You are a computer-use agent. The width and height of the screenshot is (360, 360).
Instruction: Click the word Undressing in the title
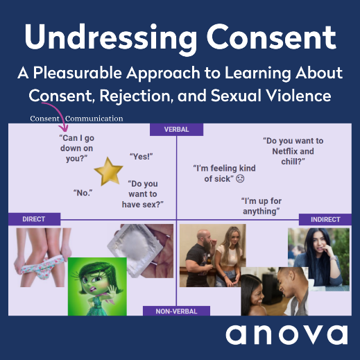point(111,37)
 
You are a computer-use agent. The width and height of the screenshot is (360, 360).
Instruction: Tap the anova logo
point(286,334)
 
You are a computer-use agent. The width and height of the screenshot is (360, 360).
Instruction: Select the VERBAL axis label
point(176,130)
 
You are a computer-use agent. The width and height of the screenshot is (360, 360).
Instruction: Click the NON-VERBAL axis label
point(176,311)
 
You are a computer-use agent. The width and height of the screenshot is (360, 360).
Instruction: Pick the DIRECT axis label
point(34,219)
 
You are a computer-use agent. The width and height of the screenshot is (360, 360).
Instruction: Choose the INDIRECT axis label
point(325,219)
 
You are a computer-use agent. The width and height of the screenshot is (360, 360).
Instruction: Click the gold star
point(108,172)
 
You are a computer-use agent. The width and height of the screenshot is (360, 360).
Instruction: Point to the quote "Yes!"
point(142,157)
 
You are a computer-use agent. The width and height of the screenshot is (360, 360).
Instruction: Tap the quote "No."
point(83,193)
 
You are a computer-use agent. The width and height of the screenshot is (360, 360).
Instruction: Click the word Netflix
point(285,151)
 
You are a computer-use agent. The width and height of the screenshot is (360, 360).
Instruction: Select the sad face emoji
point(240,179)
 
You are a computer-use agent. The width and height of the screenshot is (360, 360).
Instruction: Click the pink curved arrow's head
point(63,128)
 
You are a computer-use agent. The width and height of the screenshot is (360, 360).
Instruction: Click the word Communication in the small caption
point(94,119)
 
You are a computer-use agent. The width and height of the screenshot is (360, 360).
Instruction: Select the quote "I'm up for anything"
point(262,206)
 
